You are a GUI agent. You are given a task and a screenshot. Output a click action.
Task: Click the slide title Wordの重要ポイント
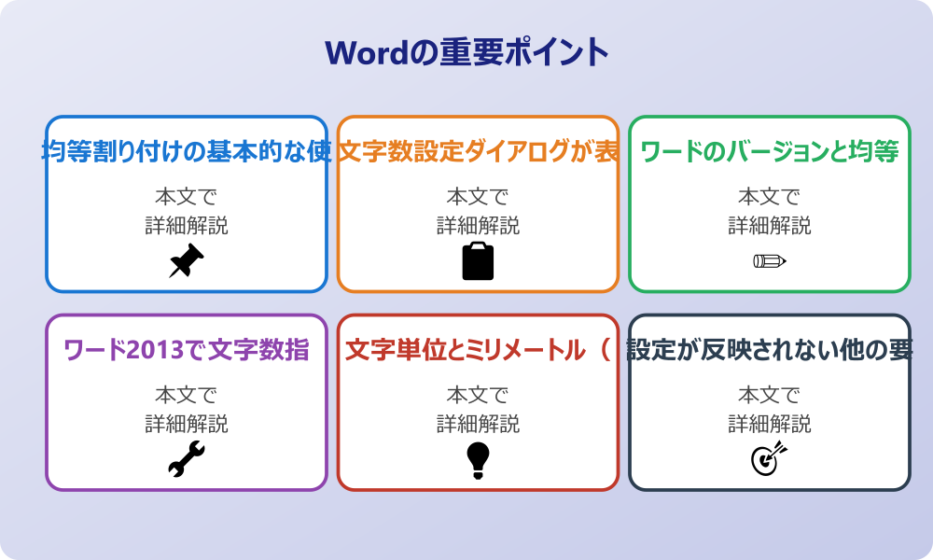point(466,51)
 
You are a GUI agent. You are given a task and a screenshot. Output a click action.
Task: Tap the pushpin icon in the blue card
point(187,260)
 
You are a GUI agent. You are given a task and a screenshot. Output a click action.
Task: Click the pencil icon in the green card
point(769,260)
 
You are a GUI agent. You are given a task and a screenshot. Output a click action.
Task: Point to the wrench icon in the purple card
point(187,459)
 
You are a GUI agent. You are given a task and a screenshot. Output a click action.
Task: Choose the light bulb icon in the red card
point(478,459)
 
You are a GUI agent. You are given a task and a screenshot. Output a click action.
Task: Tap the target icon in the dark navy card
point(769,459)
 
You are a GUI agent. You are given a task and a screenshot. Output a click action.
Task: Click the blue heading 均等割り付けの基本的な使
point(187,151)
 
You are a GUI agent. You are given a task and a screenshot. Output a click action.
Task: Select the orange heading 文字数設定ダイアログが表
point(478,151)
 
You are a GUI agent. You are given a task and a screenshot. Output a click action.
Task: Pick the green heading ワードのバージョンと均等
point(769,151)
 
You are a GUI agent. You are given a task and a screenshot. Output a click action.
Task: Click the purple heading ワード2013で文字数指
point(187,350)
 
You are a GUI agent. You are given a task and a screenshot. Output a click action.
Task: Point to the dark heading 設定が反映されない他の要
point(769,350)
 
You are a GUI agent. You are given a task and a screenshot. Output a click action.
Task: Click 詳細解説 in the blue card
point(187,226)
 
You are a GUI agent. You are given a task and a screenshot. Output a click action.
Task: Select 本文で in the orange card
point(478,197)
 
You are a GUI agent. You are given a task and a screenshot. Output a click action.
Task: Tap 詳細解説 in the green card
point(769,226)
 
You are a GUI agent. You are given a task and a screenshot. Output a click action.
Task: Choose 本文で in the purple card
point(187,396)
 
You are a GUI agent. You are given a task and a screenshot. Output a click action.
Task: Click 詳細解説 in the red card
point(478,425)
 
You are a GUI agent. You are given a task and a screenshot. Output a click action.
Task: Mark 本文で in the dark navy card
point(769,396)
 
